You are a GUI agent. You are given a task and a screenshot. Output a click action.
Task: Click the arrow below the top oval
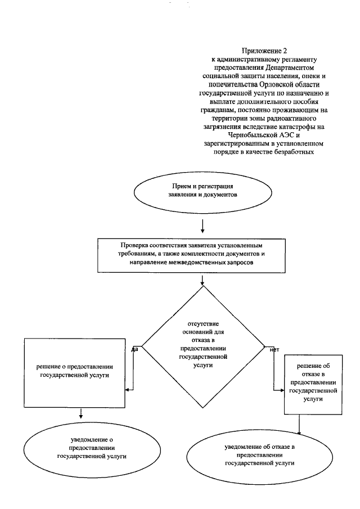[x=202, y=226]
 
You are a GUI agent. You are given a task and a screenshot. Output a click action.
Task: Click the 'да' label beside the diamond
[x=135, y=349]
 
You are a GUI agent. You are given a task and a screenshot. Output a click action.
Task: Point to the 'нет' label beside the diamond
[x=274, y=349]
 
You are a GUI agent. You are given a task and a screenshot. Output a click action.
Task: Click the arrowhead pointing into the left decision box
[x=129, y=388]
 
